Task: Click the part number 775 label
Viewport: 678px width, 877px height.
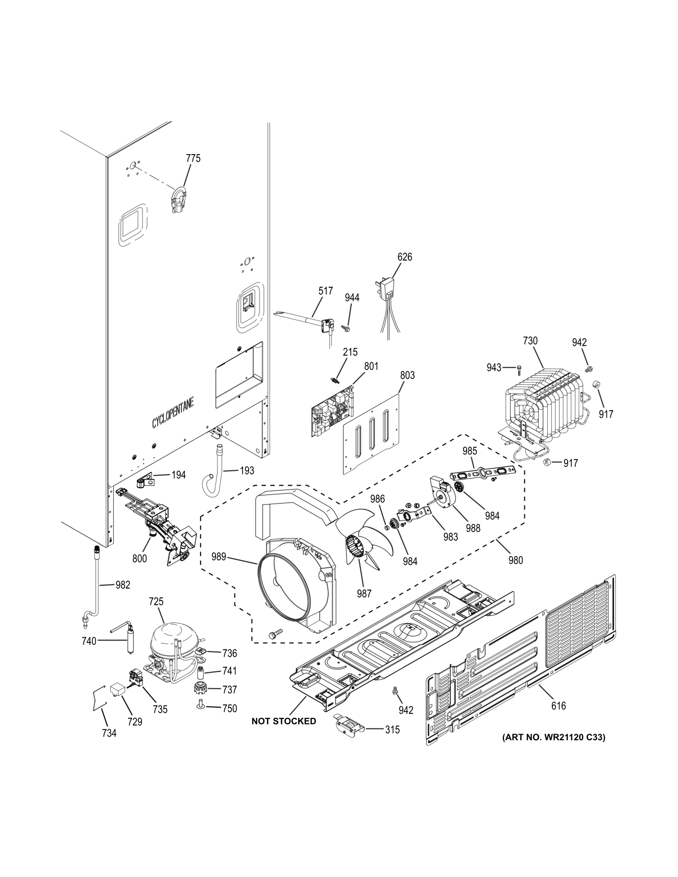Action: (193, 158)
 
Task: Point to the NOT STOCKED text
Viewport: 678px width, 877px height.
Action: (283, 721)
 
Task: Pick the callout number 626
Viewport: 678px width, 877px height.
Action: (404, 257)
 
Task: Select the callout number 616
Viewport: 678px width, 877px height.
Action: (559, 706)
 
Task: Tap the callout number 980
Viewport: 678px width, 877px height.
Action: (516, 560)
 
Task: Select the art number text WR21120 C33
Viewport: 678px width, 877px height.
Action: (553, 737)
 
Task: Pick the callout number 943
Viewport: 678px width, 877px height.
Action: (494, 367)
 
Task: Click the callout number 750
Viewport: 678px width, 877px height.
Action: (229, 708)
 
